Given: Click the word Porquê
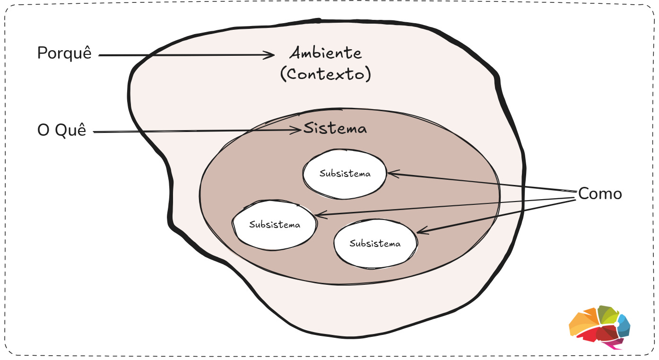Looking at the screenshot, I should tap(64, 53).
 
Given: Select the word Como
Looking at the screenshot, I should tap(600, 194).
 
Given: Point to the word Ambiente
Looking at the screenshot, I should tap(326, 53).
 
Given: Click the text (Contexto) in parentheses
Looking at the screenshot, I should tap(326, 74).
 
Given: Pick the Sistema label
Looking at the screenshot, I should tap(335, 129).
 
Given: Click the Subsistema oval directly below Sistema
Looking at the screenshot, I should tap(345, 174).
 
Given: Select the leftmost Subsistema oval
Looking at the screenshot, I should tap(275, 225).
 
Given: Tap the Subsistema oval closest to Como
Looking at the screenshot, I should tap(375, 244).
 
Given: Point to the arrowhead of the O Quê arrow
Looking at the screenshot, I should tap(298, 130).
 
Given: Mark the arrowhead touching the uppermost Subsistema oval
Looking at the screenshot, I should tap(391, 174).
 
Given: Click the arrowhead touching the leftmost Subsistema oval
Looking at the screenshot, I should tap(319, 215).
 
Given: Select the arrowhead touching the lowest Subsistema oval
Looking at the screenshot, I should tap(421, 231).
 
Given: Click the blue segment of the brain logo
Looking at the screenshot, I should tap(624, 326).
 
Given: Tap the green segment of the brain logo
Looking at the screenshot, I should tap(607, 314).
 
